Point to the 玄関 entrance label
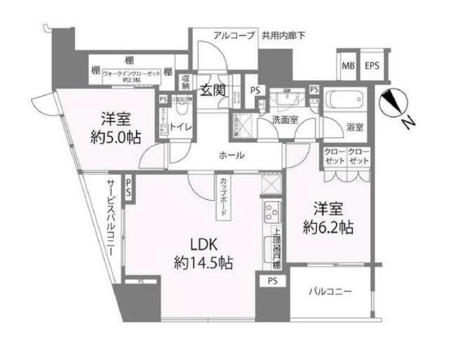tap(211, 89)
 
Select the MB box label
tap(348, 65)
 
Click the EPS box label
tap(373, 65)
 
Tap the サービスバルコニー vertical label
tap(110, 216)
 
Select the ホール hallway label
tap(231, 154)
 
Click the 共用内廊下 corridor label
tap(283, 35)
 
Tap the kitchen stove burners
tap(271, 213)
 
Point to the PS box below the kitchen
tap(272, 280)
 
